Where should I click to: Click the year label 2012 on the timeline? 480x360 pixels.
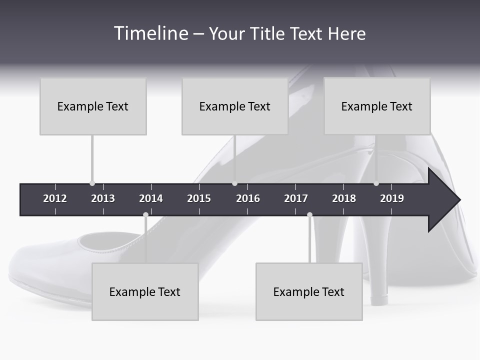[x=55, y=198]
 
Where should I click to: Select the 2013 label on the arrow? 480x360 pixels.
[x=103, y=198]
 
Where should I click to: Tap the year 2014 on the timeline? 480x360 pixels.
[x=151, y=198]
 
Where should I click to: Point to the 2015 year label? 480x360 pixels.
[x=199, y=198]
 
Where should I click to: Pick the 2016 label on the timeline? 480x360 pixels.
[x=248, y=198]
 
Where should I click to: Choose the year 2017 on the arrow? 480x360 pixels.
[x=296, y=198]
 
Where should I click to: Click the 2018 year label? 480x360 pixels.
[x=344, y=198]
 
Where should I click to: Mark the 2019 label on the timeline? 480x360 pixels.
[x=392, y=198]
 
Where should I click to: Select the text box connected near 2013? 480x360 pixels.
[x=93, y=106]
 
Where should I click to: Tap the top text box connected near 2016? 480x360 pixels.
[x=235, y=106]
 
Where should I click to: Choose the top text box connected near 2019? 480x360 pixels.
[x=377, y=106]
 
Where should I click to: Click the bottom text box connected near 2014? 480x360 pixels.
[x=145, y=292]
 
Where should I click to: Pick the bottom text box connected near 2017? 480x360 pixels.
[x=309, y=292]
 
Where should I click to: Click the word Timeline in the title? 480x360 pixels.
[x=150, y=33]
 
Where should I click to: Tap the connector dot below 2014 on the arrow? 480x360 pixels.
[x=145, y=215]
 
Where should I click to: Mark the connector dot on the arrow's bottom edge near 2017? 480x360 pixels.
[x=309, y=215]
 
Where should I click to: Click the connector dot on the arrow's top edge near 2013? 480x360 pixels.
[x=92, y=183]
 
